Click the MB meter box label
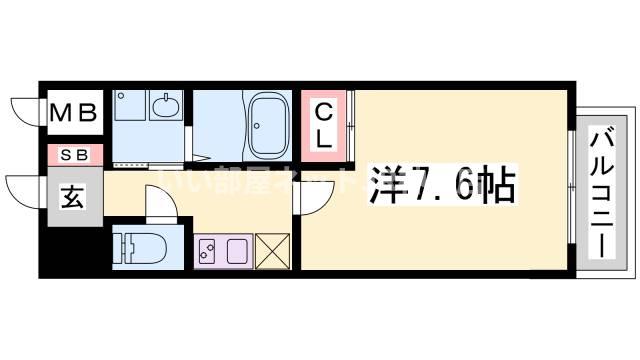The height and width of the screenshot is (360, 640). pos(75,112)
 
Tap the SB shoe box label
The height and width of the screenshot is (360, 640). pos(74,154)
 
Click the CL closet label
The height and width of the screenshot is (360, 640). pos(325,124)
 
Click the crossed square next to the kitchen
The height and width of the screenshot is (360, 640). pos(272,250)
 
